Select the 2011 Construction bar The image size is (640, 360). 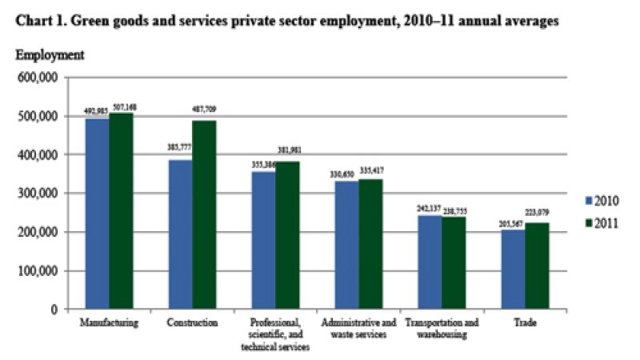click(204, 214)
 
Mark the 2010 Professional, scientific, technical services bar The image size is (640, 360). click(263, 240)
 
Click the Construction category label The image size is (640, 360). click(192, 323)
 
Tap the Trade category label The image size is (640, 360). click(526, 323)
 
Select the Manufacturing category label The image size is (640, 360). click(110, 323)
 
